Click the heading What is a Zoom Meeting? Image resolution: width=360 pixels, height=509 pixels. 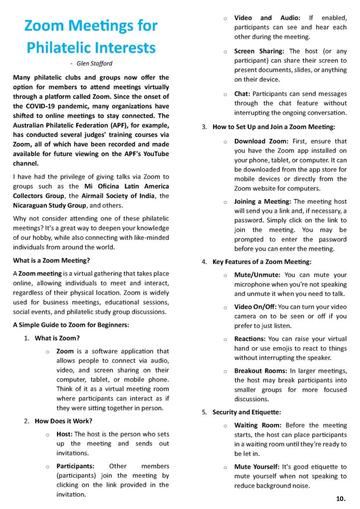click(x=52, y=260)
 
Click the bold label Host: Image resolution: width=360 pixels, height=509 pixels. click(x=65, y=433)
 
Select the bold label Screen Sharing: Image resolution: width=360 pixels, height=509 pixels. click(x=259, y=51)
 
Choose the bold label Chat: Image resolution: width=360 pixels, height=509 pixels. click(x=242, y=93)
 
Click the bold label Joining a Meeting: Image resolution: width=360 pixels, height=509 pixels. click(x=263, y=201)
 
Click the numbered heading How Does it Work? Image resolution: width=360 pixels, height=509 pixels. click(x=62, y=421)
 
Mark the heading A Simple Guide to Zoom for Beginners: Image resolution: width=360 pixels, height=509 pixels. click(x=71, y=325)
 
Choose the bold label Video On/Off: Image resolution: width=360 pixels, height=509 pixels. click(x=255, y=307)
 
